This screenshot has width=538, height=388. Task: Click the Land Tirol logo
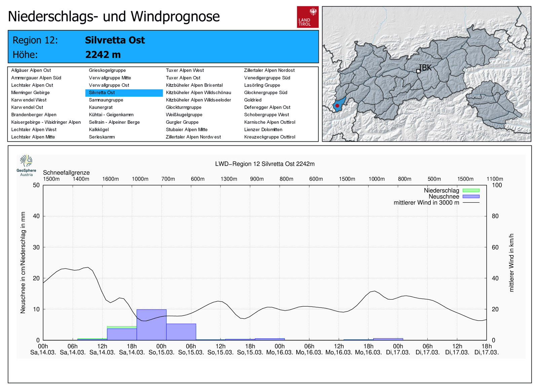coord(307,17)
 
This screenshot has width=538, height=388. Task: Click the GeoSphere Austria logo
coord(26,165)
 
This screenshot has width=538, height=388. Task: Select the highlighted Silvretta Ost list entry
coord(102,93)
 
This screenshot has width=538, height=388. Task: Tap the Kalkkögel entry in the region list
coord(99,130)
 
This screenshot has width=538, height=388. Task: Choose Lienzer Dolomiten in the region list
coord(263,130)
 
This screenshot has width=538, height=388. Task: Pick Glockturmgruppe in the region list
coord(184,107)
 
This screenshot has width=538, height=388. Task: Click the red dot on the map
coord(337,106)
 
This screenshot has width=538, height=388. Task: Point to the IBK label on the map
coord(425,68)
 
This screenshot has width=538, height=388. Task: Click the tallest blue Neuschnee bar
coord(151,324)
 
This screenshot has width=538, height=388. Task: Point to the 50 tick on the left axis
coord(36,185)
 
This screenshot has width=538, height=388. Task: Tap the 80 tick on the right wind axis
coord(495,216)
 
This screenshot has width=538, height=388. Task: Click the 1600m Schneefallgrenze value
coord(110,179)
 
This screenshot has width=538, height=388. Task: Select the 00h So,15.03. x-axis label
coord(161,349)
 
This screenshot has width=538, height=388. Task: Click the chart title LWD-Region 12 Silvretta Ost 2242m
coord(265,164)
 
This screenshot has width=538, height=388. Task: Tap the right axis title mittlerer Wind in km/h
coord(511,262)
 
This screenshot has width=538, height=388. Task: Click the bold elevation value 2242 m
coord(103,55)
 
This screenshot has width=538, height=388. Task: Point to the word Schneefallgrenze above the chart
coord(66,173)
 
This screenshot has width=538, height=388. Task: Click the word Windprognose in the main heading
coord(175,16)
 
